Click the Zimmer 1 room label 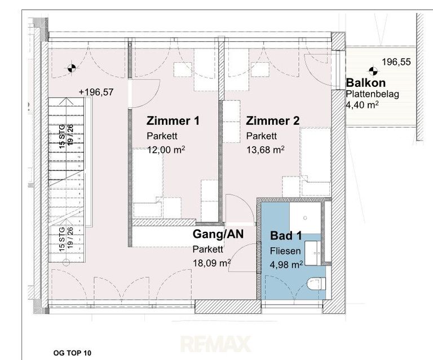coord(173,121)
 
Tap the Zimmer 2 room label coord(272,121)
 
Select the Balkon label coord(365,82)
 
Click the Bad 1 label coord(286,236)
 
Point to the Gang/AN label coord(218,234)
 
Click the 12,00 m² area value coord(166,150)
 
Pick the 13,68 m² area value coord(266,150)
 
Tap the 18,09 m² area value coord(212,263)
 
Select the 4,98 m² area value coord(286,265)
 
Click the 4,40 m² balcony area coord(362,105)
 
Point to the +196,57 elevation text coord(96,92)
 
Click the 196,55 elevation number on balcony coord(396,62)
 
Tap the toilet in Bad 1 coord(316,284)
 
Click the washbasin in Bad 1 coord(313,253)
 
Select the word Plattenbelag coord(373,94)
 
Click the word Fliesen coord(285,251)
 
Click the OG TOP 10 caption coord(72,353)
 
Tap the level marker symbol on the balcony coord(373,71)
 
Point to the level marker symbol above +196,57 coord(72,68)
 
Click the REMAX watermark coord(216,344)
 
